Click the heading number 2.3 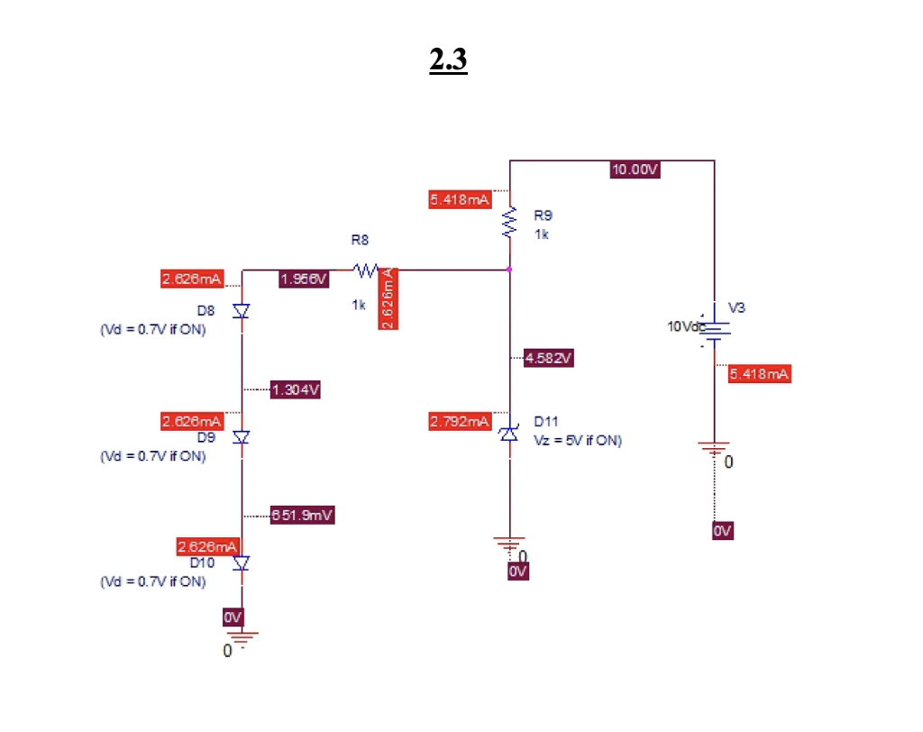click(448, 59)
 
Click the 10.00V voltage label click(635, 169)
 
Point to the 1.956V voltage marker click(304, 279)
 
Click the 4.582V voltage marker click(547, 359)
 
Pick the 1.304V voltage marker click(296, 390)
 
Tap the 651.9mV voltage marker click(302, 515)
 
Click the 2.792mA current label click(459, 421)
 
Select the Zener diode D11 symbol click(510, 435)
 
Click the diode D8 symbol click(242, 311)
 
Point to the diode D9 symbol click(242, 437)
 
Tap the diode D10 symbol click(242, 563)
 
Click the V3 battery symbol click(714, 330)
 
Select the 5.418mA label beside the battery click(759, 374)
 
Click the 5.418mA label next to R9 click(460, 199)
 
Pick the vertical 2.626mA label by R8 click(388, 298)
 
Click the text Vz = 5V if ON click(578, 440)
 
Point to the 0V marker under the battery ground click(722, 531)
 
